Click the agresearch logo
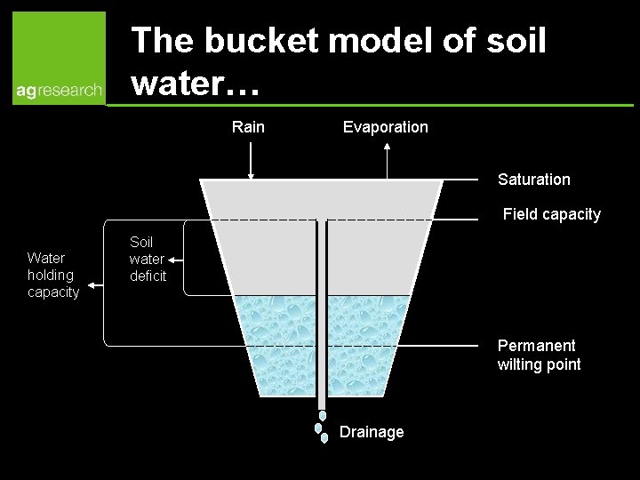pyautogui.click(x=59, y=59)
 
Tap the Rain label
pyautogui.click(x=248, y=127)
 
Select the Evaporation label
pyautogui.click(x=385, y=127)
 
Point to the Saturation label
pyautogui.click(x=533, y=180)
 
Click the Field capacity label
pyautogui.click(x=551, y=214)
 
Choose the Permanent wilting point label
pyautogui.click(x=539, y=355)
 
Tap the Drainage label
pyautogui.click(x=372, y=432)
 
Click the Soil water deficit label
pyautogui.click(x=147, y=259)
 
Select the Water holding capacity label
pyautogui.click(x=52, y=275)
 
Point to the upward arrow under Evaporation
pyautogui.click(x=388, y=160)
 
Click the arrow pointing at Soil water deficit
pyautogui.click(x=175, y=260)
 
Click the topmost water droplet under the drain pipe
pyautogui.click(x=323, y=415)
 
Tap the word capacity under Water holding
pyautogui.click(x=52, y=292)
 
